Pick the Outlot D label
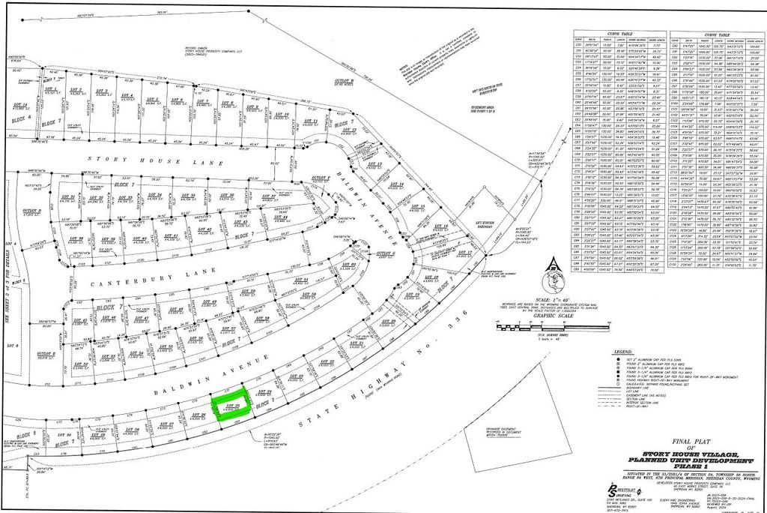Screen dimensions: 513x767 [x=31, y=211]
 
